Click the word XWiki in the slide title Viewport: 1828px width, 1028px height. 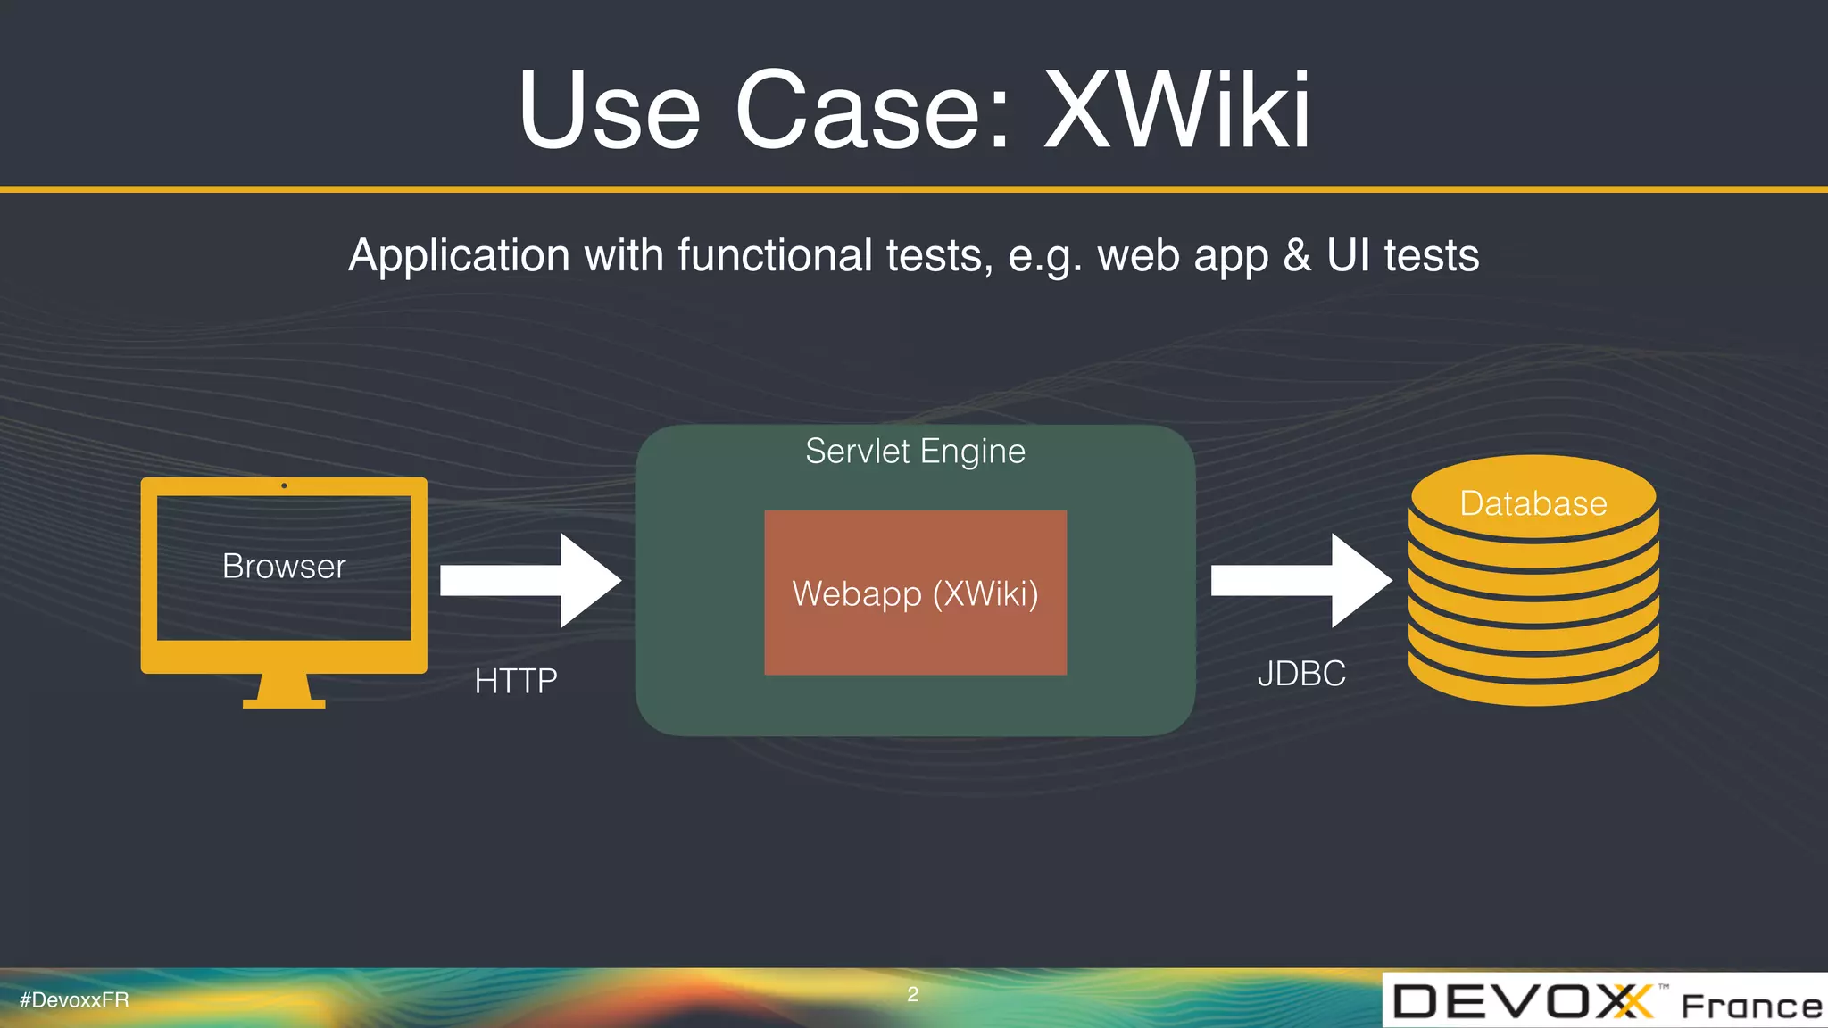coord(1177,111)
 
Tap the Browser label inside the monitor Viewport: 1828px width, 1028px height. coord(284,567)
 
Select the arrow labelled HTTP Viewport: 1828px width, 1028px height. coord(530,581)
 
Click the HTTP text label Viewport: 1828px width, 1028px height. coord(516,681)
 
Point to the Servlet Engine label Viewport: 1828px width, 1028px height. coord(915,452)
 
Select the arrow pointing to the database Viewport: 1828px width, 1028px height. coord(1300,581)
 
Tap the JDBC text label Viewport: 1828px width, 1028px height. coord(1301,674)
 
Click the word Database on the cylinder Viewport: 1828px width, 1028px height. coord(1533,503)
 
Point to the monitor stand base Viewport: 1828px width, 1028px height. coord(284,703)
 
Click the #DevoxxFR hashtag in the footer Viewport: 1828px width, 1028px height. coord(74,999)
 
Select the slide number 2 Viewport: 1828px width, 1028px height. coord(912,994)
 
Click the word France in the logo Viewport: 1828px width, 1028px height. coord(1751,1006)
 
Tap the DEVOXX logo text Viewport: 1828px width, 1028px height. coord(1522,1001)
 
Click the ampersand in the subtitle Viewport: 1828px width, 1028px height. coord(1297,255)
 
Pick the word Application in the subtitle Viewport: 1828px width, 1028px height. coord(459,256)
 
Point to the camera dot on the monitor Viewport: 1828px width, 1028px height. coord(284,485)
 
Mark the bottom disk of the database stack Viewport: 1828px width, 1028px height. coord(1533,683)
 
